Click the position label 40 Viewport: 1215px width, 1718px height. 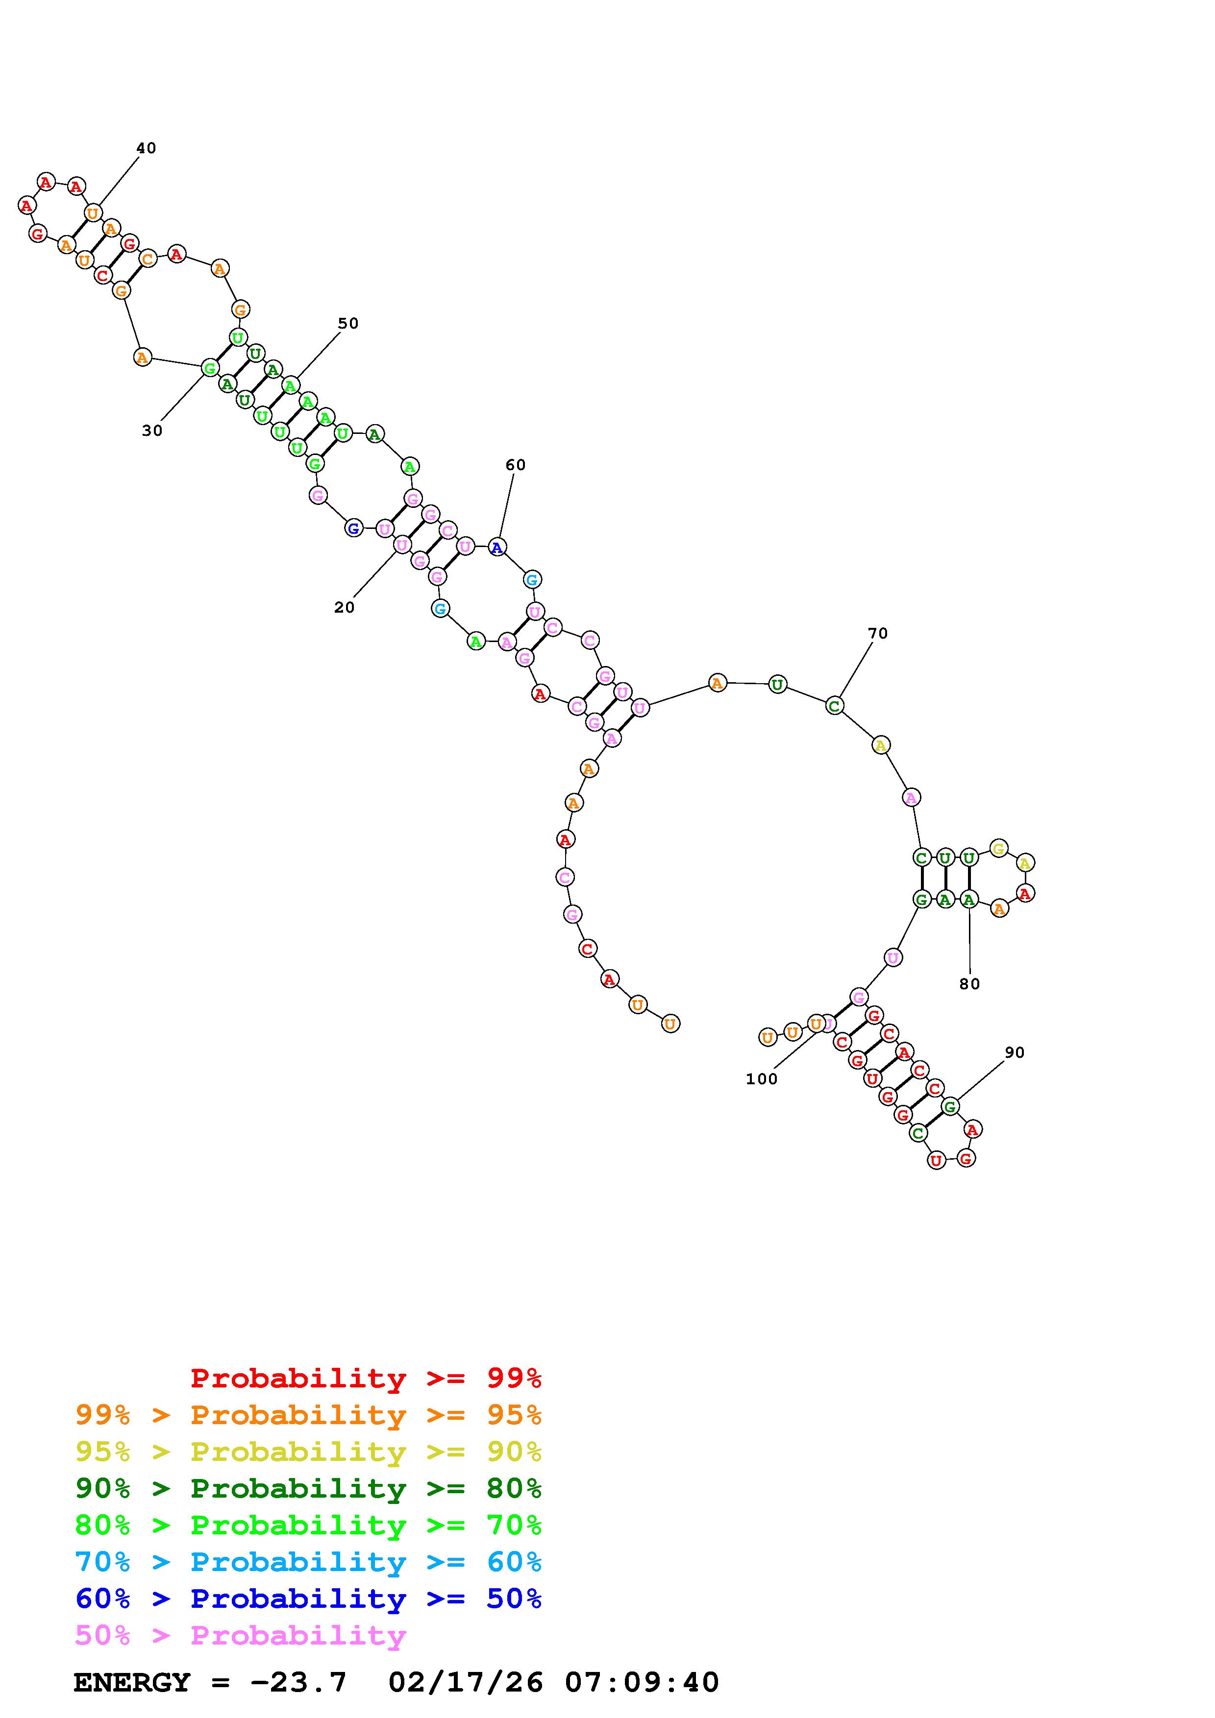tap(146, 148)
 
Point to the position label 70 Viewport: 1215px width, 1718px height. tap(877, 633)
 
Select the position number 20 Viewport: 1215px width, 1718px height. tap(345, 608)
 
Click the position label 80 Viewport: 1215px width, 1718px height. tap(969, 984)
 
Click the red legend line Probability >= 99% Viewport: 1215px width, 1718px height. tap(366, 1378)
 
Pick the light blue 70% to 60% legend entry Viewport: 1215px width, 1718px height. tap(308, 1562)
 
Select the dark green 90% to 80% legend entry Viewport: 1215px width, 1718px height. tap(308, 1488)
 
